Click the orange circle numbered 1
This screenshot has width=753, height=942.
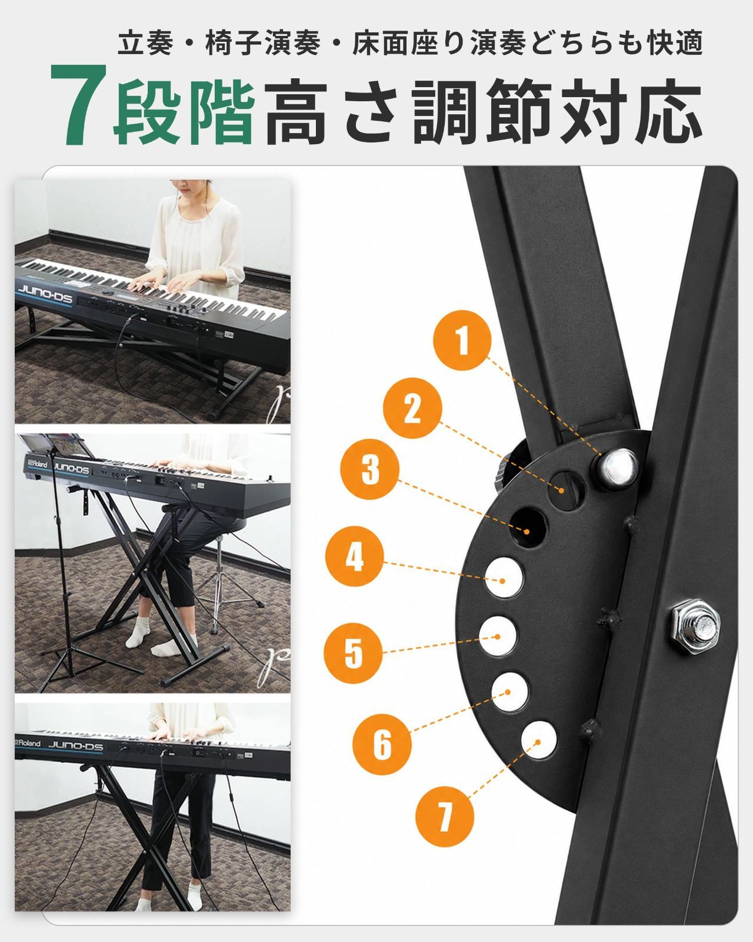click(462, 340)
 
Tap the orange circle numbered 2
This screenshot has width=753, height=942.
click(412, 408)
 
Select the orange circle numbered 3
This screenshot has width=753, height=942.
click(370, 469)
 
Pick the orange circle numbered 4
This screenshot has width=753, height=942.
click(355, 556)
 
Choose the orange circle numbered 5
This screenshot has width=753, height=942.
click(353, 653)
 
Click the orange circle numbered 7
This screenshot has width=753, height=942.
click(445, 817)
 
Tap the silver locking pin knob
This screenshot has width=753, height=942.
click(616, 468)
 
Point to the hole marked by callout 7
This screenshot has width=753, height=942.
click(539, 741)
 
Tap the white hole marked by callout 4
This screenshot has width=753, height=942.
click(505, 578)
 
